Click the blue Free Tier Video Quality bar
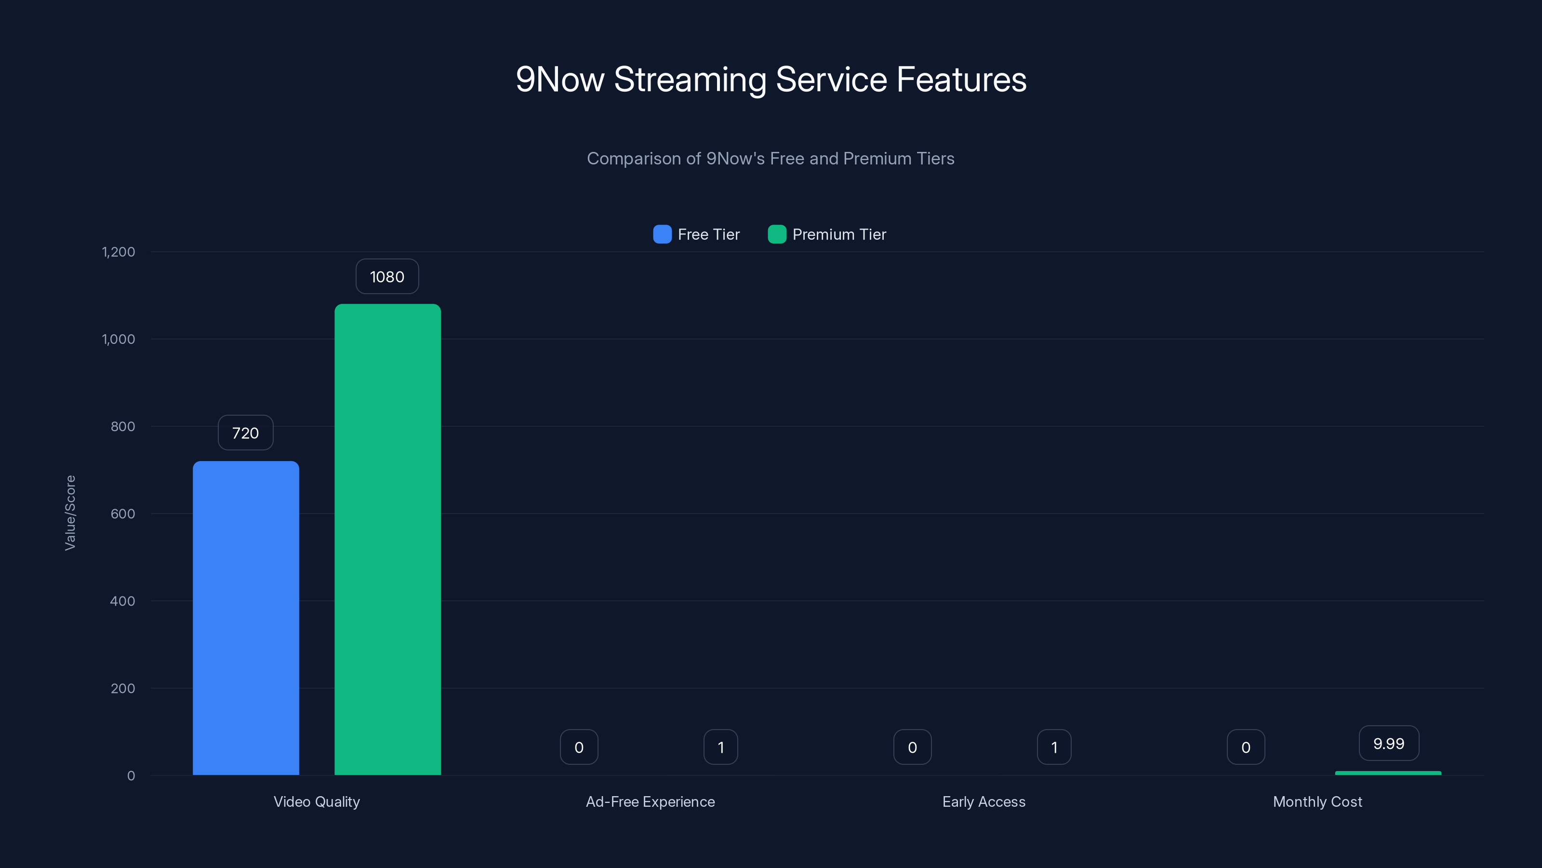point(245,617)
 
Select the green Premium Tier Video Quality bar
point(387,539)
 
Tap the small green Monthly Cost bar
point(1388,773)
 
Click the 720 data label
point(245,433)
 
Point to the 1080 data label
point(386,276)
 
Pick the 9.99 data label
point(1388,744)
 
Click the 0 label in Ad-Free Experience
point(579,747)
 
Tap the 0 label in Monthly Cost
point(1246,747)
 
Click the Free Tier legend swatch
point(662,234)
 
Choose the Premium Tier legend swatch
point(776,234)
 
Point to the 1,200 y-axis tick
point(119,252)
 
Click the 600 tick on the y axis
point(123,514)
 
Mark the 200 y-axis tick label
point(123,688)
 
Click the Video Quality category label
point(317,801)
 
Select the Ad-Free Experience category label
point(650,801)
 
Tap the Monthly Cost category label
point(1317,801)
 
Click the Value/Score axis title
point(70,513)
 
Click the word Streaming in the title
point(690,79)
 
